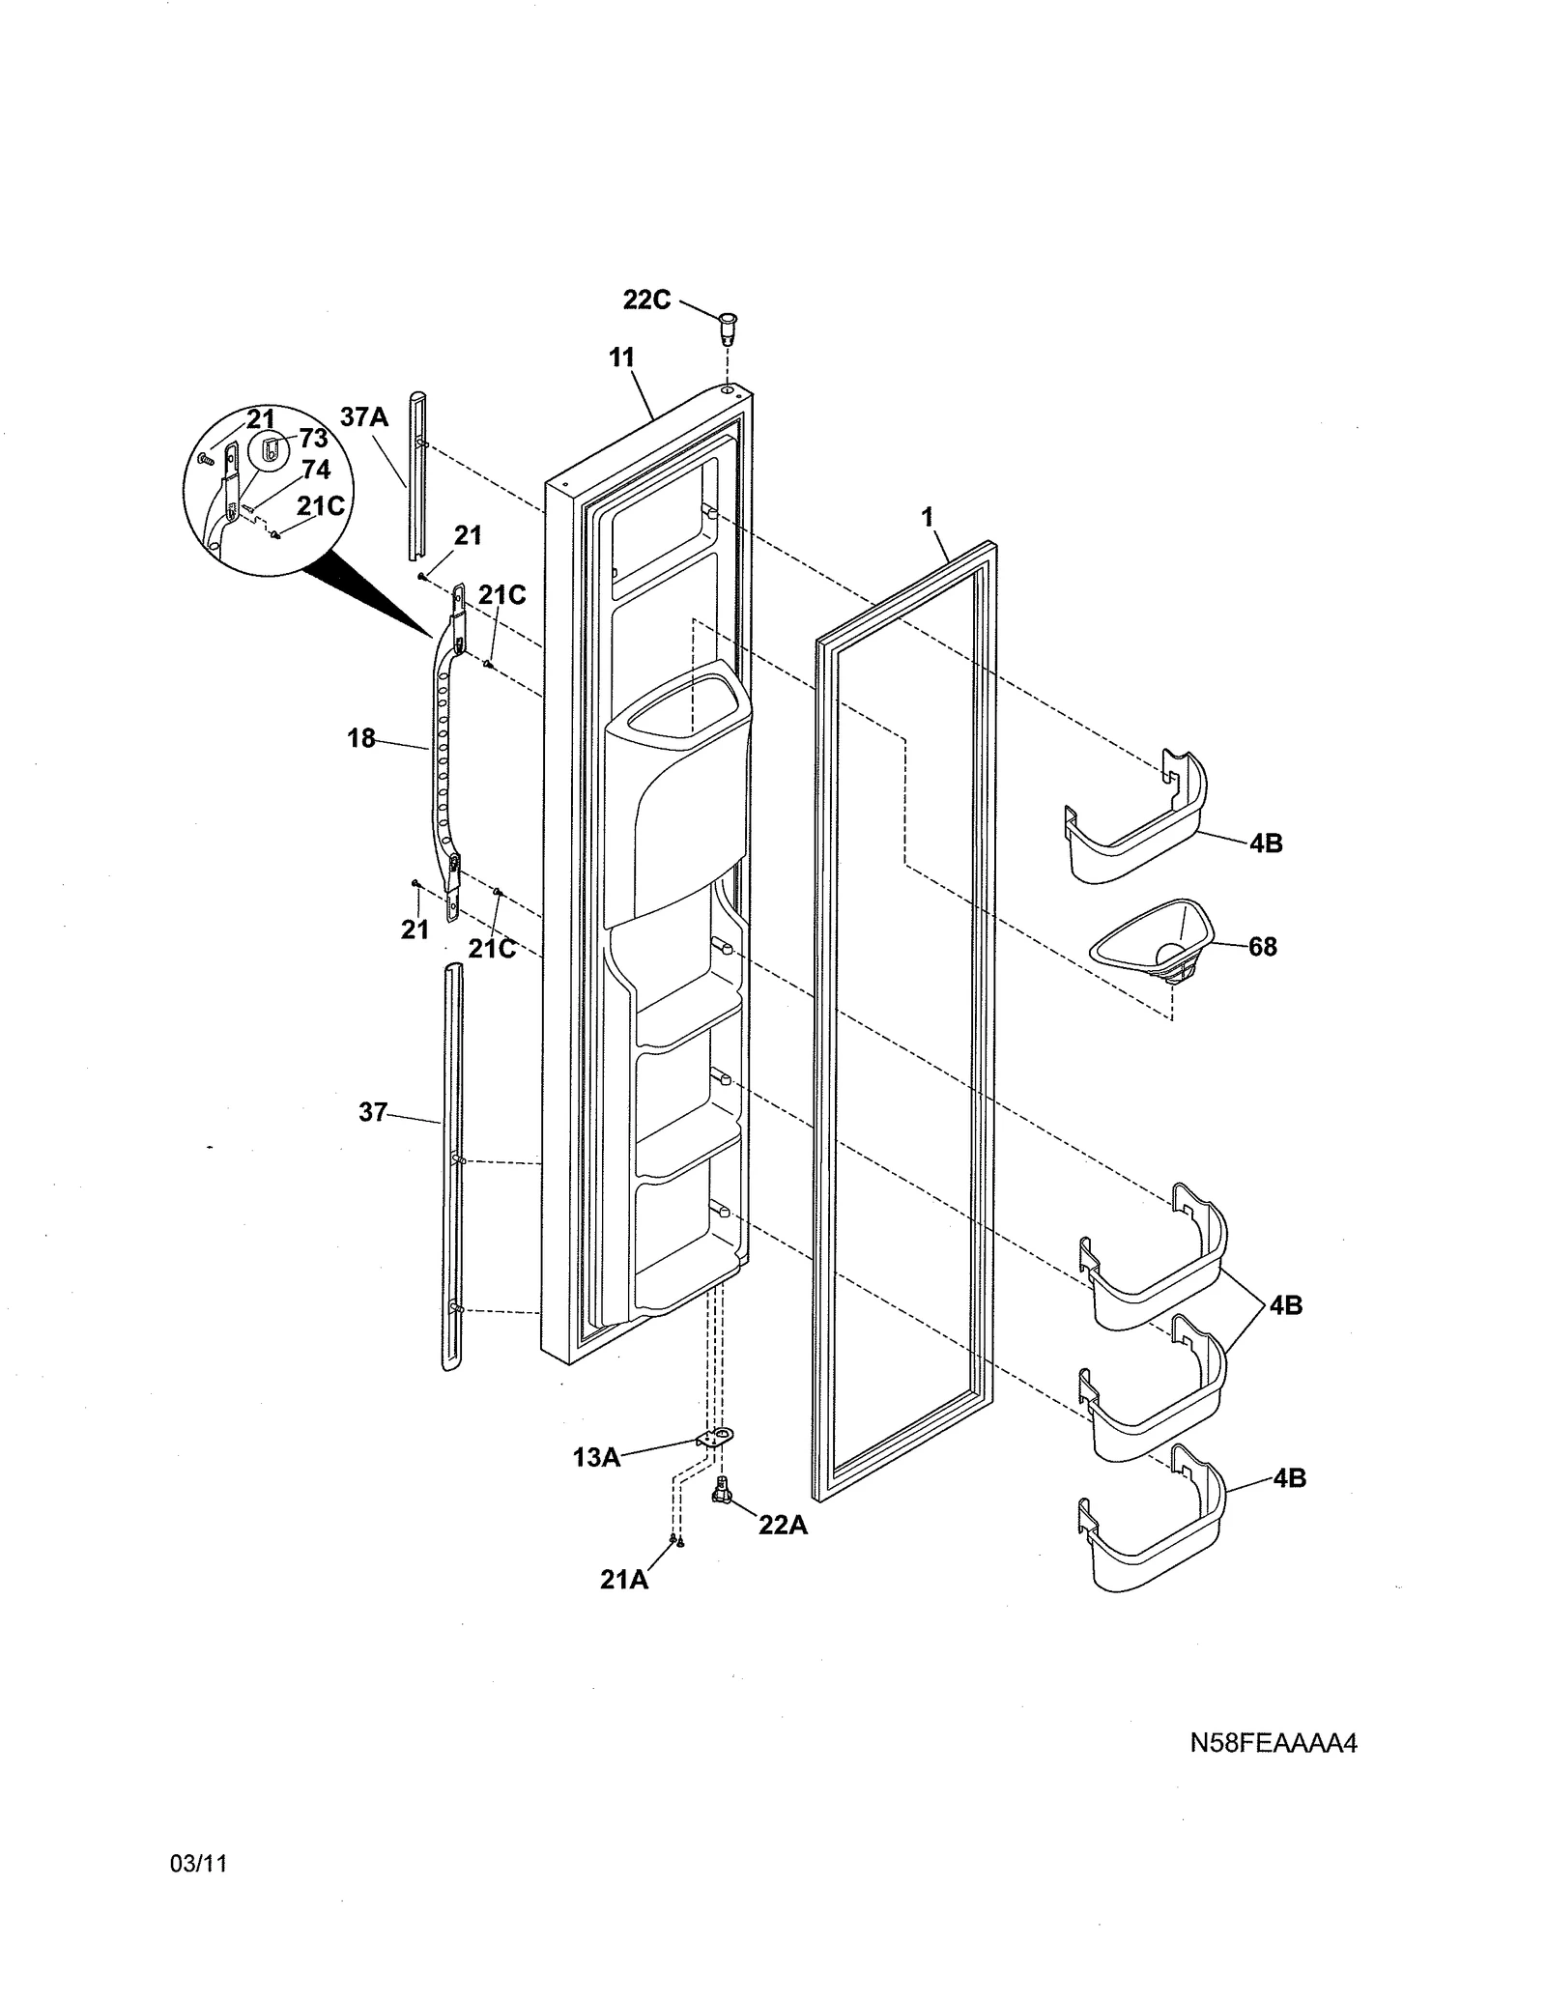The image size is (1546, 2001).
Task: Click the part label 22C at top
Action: pyautogui.click(x=645, y=300)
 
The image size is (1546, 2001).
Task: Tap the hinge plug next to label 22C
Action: pyautogui.click(x=728, y=327)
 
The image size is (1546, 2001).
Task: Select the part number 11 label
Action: pyautogui.click(x=621, y=357)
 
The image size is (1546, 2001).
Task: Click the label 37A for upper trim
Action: pyautogui.click(x=363, y=417)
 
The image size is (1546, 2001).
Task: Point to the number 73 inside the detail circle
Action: pyautogui.click(x=313, y=438)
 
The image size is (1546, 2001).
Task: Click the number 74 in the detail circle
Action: pyautogui.click(x=315, y=470)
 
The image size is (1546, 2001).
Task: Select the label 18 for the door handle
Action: pyautogui.click(x=360, y=738)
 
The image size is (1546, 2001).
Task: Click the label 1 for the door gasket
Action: pyautogui.click(x=927, y=518)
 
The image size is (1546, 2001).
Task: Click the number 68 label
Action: pyautogui.click(x=1262, y=946)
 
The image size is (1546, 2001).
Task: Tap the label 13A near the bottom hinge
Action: pyautogui.click(x=595, y=1457)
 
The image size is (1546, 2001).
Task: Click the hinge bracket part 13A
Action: pyautogui.click(x=713, y=1440)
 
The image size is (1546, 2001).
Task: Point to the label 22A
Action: pyautogui.click(x=782, y=1525)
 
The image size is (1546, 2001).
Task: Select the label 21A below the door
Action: pyautogui.click(x=623, y=1579)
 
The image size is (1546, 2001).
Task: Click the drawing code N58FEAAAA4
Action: pyautogui.click(x=1273, y=1743)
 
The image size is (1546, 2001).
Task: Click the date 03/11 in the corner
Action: pyautogui.click(x=198, y=1891)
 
